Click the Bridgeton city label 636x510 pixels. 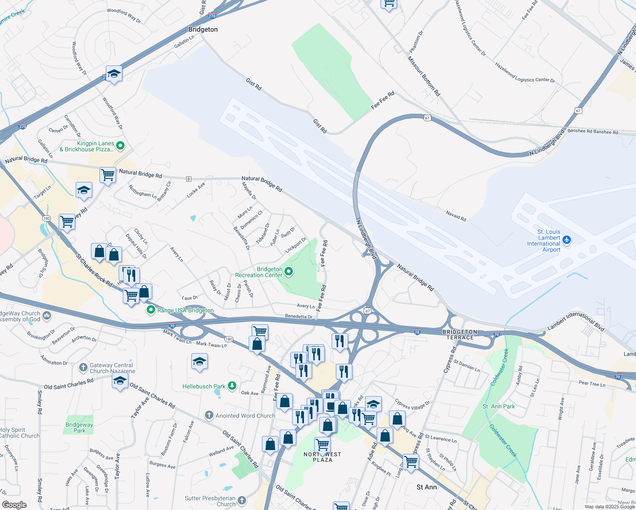point(203,29)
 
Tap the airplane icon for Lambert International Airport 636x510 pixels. point(566,240)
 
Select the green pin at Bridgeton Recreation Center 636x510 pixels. point(289,271)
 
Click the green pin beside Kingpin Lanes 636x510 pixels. point(120,146)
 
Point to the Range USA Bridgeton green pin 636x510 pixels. point(150,310)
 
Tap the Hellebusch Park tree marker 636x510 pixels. point(232,386)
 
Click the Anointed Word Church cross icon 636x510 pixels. point(209,415)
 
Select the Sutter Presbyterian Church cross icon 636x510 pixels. point(242,500)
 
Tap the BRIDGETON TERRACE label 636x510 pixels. point(460,334)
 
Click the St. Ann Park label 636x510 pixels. point(498,406)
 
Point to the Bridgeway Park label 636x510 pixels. point(79,428)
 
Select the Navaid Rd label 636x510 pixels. point(456,216)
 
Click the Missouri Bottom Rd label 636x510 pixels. point(424,76)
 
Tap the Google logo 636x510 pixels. point(14,504)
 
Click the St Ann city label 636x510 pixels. point(426,487)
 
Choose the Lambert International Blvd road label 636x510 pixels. point(576,321)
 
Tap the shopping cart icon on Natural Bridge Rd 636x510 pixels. point(108,174)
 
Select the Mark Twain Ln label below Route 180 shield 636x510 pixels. point(211,344)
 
